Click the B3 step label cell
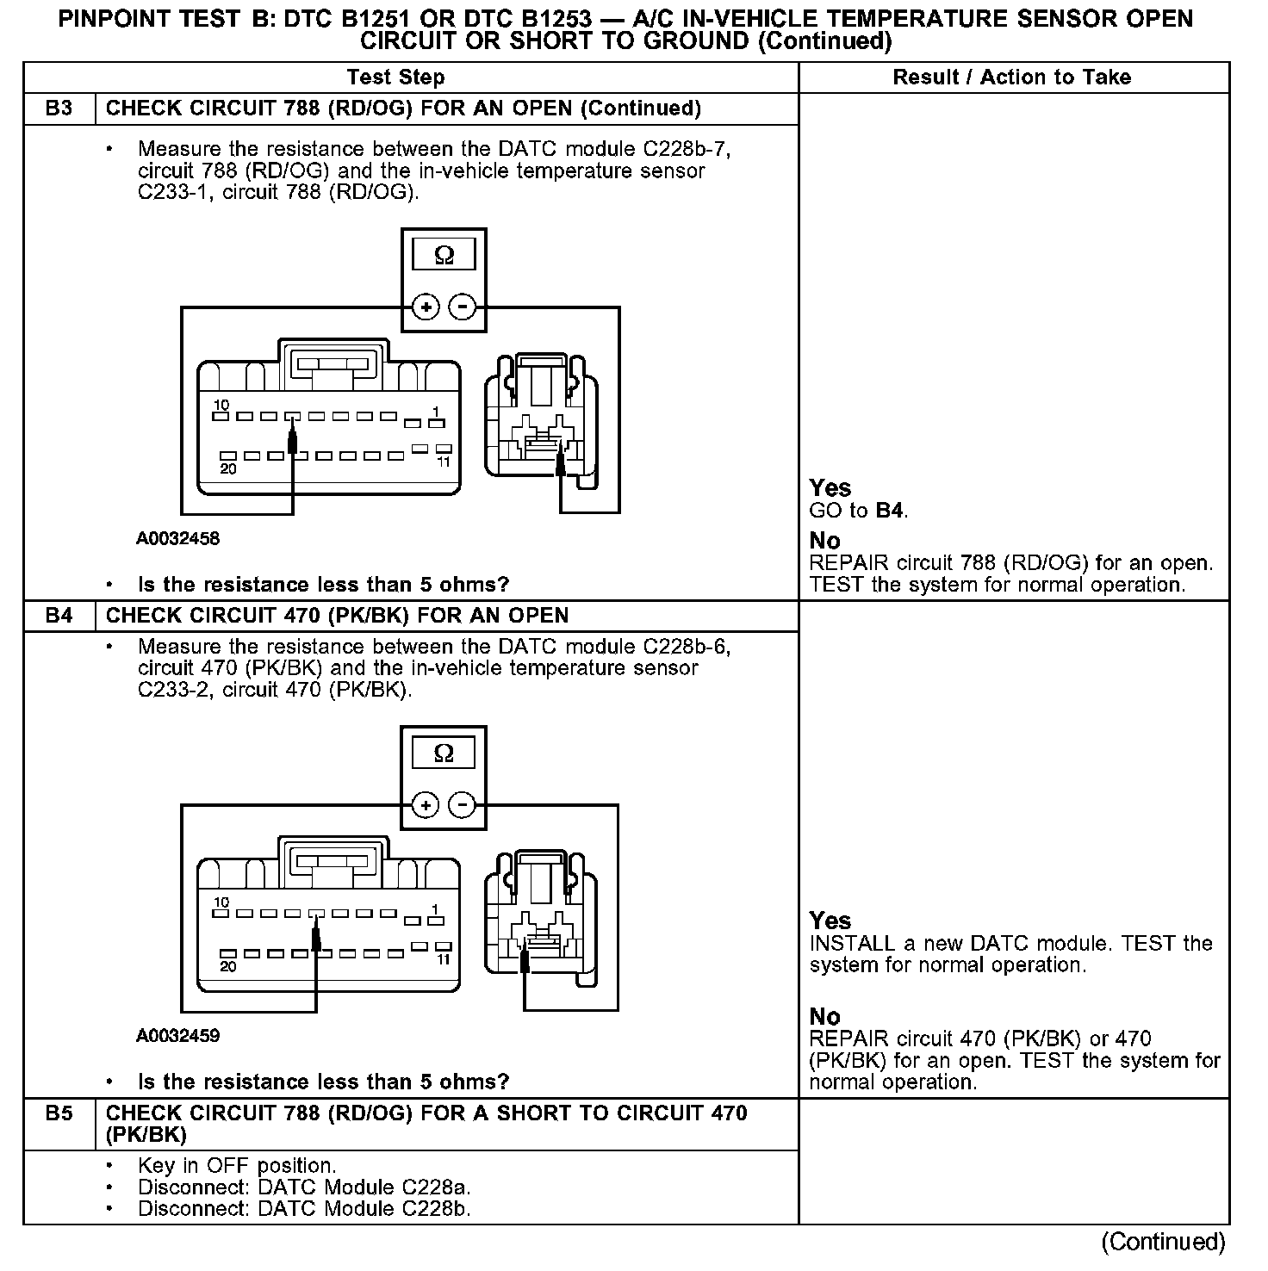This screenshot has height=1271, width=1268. pyautogui.click(x=59, y=108)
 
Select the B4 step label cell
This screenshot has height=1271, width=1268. pyautogui.click(x=59, y=616)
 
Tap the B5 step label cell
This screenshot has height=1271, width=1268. pyautogui.click(x=59, y=1113)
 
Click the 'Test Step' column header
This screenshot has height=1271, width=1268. pyautogui.click(x=395, y=77)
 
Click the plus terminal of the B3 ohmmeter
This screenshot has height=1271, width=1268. pyautogui.click(x=426, y=307)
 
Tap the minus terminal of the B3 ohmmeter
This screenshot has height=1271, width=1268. pyautogui.click(x=463, y=307)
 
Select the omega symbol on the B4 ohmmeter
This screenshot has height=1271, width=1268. pyautogui.click(x=444, y=753)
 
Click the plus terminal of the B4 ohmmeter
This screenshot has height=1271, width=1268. pyautogui.click(x=426, y=805)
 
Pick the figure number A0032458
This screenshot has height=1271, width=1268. pyautogui.click(x=177, y=539)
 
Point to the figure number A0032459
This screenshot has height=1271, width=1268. pyautogui.click(x=177, y=1036)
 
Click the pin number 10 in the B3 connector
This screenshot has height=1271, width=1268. pyautogui.click(x=221, y=405)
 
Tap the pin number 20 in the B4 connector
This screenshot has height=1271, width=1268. pyautogui.click(x=227, y=967)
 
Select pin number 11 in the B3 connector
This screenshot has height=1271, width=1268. pyautogui.click(x=444, y=462)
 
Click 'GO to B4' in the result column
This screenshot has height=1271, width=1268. pyautogui.click(x=859, y=511)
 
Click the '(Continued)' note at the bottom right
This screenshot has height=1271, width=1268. pyautogui.click(x=1162, y=1242)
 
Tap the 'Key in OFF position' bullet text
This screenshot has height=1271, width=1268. pyautogui.click(x=237, y=1166)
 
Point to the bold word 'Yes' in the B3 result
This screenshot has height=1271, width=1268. pyautogui.click(x=830, y=488)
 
